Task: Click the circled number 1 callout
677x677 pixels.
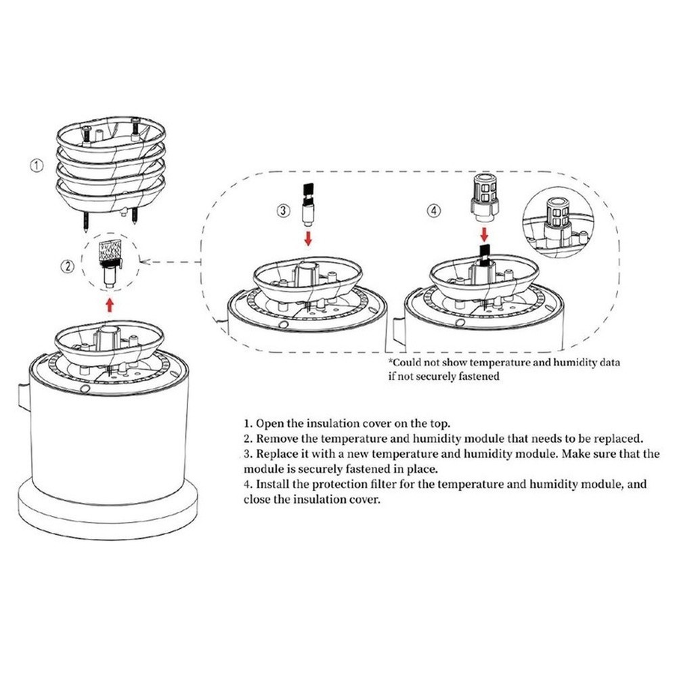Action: (x=38, y=164)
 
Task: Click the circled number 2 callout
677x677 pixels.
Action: (x=68, y=267)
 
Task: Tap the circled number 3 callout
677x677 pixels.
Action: (x=284, y=211)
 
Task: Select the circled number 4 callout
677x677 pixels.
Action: (x=434, y=211)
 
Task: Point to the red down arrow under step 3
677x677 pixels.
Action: (x=307, y=238)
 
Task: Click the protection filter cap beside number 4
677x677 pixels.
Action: (x=484, y=199)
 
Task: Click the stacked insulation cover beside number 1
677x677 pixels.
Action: (x=110, y=166)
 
